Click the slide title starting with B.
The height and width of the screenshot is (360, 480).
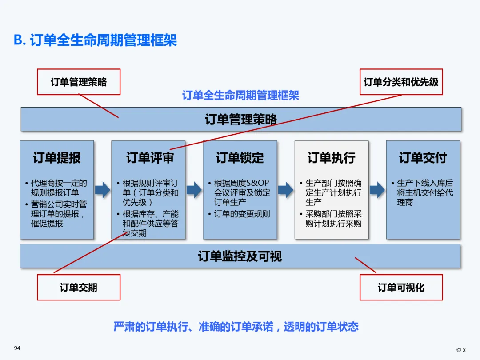(x=96, y=40)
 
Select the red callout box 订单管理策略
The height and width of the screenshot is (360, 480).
(x=78, y=82)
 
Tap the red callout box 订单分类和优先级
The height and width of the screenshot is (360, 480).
(x=401, y=82)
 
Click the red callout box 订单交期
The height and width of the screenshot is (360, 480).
(x=78, y=287)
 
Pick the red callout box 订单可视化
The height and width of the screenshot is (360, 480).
(x=401, y=287)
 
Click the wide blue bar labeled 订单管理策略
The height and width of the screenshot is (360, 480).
(x=241, y=119)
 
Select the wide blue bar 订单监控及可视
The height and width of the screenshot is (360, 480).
(x=240, y=256)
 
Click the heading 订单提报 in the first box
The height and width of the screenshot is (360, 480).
(x=57, y=158)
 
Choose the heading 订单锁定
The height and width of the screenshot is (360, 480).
(x=240, y=158)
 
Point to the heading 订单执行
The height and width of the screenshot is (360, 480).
(x=332, y=158)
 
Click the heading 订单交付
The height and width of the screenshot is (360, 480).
(x=423, y=158)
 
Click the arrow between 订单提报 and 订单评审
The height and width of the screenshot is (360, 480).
(x=103, y=190)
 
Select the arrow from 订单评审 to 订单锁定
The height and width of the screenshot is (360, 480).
(x=194, y=190)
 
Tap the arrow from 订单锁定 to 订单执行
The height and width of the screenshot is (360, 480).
(x=285, y=190)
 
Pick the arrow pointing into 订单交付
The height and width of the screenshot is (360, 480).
(x=377, y=190)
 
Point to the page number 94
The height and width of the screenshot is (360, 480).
(x=17, y=348)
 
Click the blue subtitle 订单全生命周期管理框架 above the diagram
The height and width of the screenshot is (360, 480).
(x=240, y=95)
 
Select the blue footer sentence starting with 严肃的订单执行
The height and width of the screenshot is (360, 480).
(x=236, y=327)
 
